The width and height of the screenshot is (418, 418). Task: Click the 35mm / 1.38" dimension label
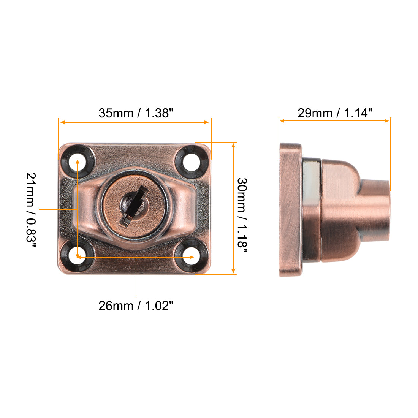point(136,113)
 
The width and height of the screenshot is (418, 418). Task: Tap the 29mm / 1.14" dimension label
point(335,113)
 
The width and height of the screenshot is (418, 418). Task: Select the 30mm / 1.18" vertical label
point(242,213)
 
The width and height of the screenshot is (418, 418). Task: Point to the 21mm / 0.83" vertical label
point(31,209)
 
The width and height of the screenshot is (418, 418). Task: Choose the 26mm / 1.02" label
point(136,306)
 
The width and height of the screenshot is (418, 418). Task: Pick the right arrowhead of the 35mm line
point(207,122)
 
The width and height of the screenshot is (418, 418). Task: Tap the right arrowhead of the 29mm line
point(387,121)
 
